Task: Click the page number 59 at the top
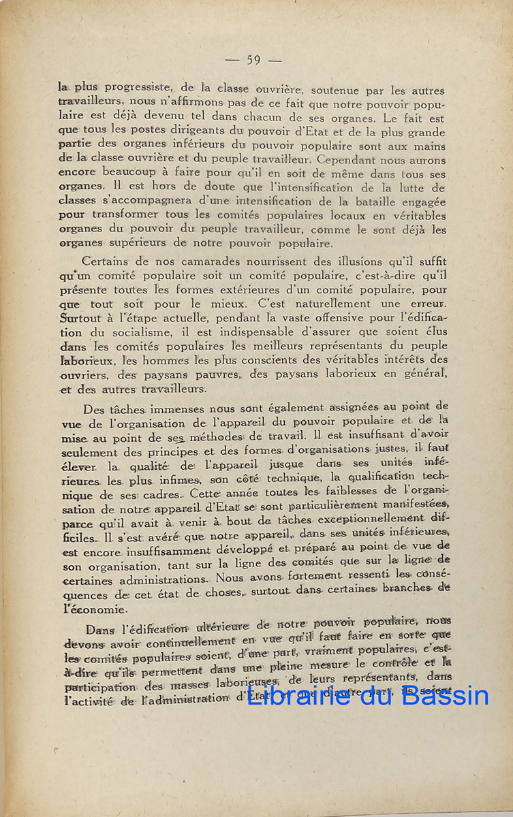click(x=253, y=60)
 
